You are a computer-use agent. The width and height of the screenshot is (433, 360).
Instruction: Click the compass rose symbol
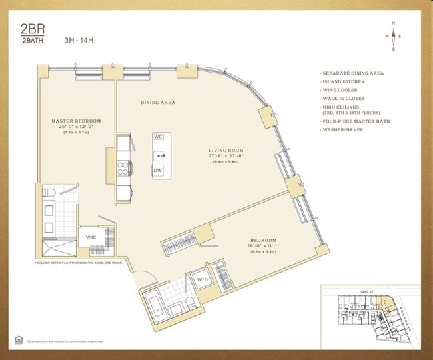(393, 36)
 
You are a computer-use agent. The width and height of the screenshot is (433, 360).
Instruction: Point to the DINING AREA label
(158, 103)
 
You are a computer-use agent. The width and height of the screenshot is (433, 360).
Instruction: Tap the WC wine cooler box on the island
(159, 137)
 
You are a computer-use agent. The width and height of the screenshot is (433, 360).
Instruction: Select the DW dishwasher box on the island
(158, 171)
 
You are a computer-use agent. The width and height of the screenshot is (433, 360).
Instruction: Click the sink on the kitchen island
(159, 155)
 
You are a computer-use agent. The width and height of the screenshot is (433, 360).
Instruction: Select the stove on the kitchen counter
(124, 166)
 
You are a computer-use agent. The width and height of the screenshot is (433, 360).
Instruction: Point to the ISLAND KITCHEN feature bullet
(344, 81)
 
